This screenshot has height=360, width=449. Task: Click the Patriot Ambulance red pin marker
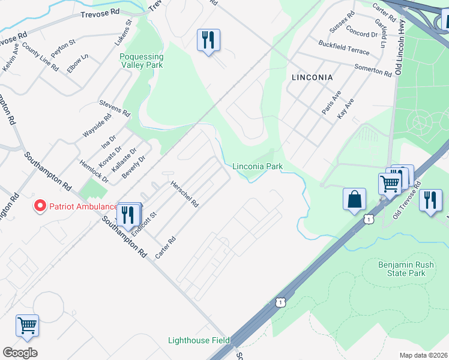coord(40,206)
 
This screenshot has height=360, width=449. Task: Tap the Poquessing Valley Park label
coord(142,61)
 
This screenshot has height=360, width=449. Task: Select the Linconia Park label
coord(257,166)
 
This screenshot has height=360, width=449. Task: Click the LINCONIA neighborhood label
coord(312,77)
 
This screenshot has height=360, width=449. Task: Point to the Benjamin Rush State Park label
coord(402,269)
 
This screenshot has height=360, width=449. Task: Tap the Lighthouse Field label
coord(199,340)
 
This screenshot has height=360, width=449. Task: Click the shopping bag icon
coord(355,199)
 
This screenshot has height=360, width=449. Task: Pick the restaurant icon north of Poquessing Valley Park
coord(208,40)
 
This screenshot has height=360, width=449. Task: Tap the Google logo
coord(20,353)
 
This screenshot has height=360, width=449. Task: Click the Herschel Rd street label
coord(184,194)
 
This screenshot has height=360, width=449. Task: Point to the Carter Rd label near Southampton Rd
coord(165,247)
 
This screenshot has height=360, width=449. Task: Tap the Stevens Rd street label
coord(115,109)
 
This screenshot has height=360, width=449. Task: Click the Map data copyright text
coord(423,355)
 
